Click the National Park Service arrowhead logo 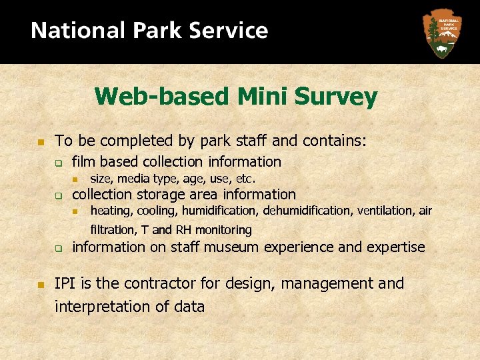tap(441, 33)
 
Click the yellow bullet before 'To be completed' tap(40, 142)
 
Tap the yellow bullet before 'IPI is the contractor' tap(40, 285)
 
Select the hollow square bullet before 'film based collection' tap(59, 163)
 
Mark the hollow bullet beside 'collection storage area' tap(59, 196)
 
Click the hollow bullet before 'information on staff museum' tap(59, 249)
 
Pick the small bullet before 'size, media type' tap(76, 179)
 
